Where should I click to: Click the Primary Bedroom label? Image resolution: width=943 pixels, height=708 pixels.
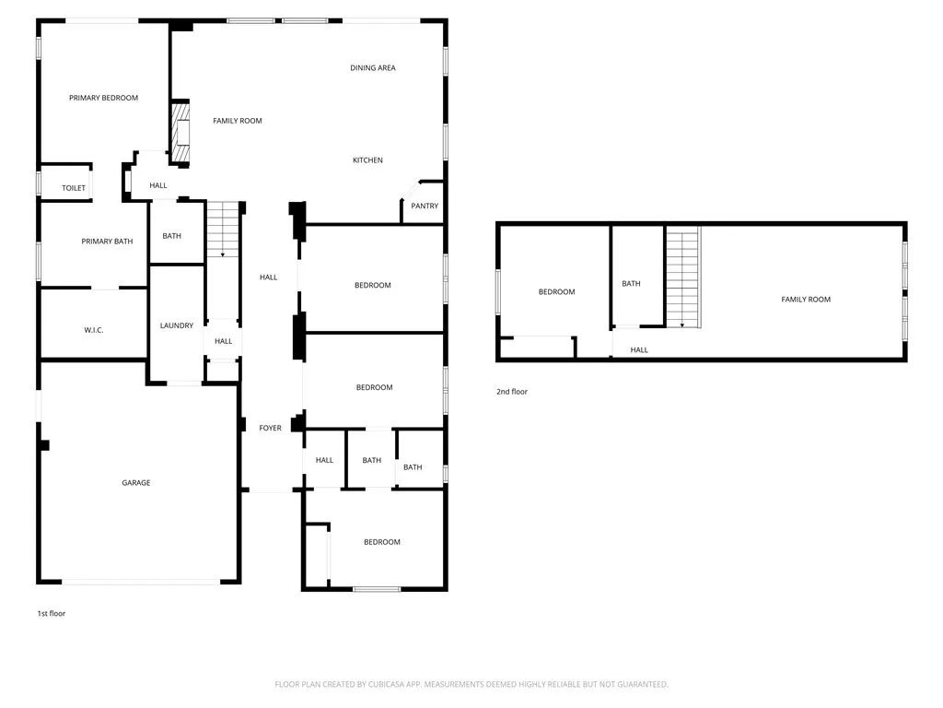103,98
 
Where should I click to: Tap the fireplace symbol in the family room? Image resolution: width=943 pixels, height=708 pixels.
181,133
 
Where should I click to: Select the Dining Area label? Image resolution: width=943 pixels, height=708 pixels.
373,67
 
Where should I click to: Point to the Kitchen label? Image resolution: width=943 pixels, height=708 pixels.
367,160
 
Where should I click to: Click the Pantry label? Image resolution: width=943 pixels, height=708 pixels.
425,206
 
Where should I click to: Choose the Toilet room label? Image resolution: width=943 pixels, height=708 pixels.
74,188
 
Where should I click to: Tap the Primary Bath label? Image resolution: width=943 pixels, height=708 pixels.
107,242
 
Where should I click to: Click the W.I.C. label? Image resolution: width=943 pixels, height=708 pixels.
93,329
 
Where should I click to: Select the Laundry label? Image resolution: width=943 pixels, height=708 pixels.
176,325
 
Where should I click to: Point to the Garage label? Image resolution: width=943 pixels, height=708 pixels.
135,483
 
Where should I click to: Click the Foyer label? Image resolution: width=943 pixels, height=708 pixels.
270,428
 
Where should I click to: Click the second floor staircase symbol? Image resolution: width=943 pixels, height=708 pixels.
682,277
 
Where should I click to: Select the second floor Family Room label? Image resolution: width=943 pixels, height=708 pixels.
806,300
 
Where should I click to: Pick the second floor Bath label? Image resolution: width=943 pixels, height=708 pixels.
631,284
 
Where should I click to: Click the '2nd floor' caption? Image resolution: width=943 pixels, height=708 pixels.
512,392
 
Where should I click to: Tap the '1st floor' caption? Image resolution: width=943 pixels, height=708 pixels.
51,613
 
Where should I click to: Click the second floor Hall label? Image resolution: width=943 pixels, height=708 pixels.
639,350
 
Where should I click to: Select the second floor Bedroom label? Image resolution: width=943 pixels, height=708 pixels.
556,292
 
